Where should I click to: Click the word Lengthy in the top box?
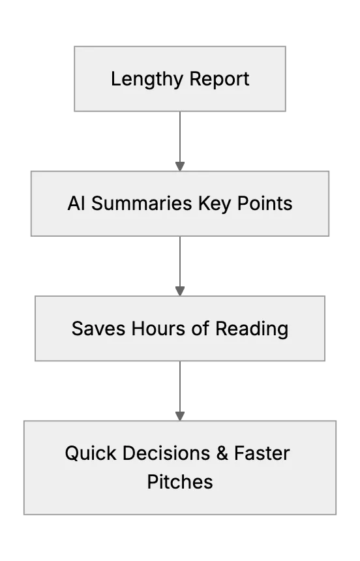147,80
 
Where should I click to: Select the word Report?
219,80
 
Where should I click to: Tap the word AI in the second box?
76,204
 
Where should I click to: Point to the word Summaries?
142,204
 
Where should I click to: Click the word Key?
215,204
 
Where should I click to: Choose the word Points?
265,204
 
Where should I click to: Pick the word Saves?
98,328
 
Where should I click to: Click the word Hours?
158,328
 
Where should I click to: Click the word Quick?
91,453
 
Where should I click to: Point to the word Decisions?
166,453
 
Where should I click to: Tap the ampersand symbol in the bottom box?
222,453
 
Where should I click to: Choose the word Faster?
262,453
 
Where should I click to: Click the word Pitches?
180,481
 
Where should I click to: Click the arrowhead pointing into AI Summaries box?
180,166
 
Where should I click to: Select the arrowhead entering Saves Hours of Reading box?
180,291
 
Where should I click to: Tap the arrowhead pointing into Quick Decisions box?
180,416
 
